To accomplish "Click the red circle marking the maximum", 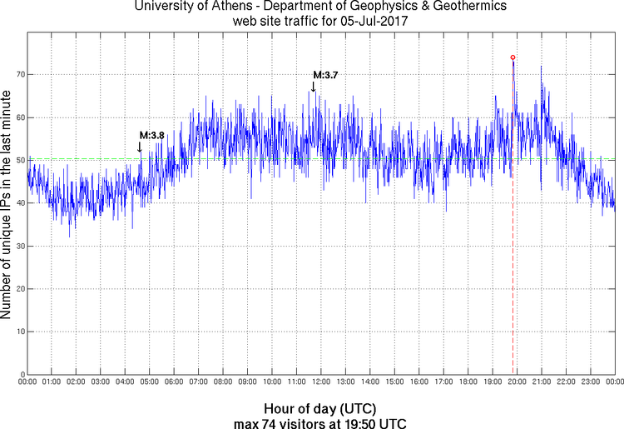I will coord(513,57).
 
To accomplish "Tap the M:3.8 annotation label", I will coord(151,135).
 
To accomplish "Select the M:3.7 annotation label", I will coord(325,75).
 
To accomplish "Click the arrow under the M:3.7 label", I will coord(313,87).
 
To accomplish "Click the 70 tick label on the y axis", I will coord(17,74).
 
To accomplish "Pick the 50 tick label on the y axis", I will coord(17,160).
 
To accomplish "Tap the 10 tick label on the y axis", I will coord(17,332).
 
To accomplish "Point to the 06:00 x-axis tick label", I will coord(174,382).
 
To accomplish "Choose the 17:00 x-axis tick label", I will coord(443,382).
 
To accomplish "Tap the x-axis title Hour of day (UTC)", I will coord(319,409).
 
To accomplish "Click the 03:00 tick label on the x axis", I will coord(100,382).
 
